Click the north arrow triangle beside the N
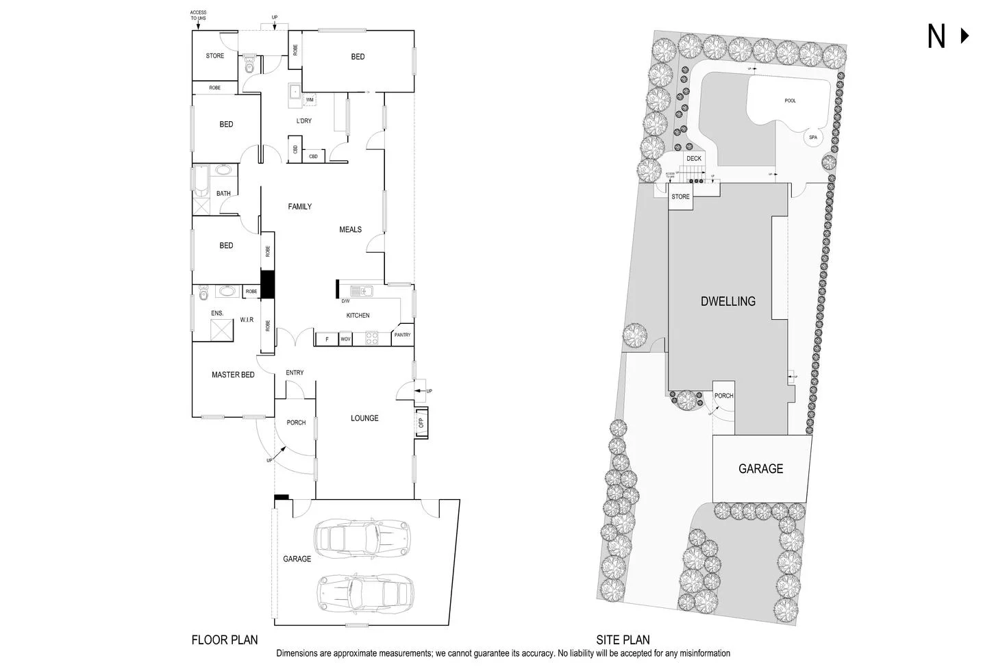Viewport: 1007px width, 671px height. tap(965, 36)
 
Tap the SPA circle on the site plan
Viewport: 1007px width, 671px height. tap(812, 138)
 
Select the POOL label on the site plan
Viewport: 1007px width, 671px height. tap(790, 101)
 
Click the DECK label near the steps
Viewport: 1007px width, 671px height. tap(694, 159)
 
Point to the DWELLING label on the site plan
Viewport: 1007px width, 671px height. tap(728, 301)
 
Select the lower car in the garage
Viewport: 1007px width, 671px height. tap(365, 590)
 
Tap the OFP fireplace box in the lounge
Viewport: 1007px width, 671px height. tap(421, 422)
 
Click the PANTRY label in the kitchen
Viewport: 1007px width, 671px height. tap(402, 335)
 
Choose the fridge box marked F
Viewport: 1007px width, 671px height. tap(327, 339)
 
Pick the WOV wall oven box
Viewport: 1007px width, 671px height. tap(345, 339)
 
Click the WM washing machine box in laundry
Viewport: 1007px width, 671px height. tap(309, 100)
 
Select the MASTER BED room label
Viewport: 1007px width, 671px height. tap(233, 375)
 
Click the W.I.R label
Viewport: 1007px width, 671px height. tap(247, 320)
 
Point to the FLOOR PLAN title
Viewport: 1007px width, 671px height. tap(225, 640)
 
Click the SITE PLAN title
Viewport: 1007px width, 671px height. tap(623, 640)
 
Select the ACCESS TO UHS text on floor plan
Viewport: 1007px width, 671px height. tap(198, 15)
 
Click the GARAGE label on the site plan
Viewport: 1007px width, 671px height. tap(760, 469)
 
